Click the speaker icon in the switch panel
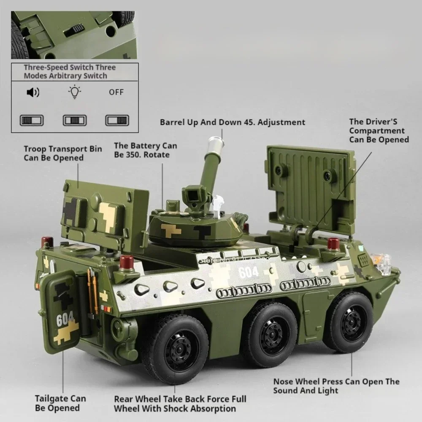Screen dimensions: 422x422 (x=33, y=92)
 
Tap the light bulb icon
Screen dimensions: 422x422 (x=75, y=92)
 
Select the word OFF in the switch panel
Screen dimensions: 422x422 (x=116, y=92)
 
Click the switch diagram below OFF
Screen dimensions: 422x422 (x=116, y=120)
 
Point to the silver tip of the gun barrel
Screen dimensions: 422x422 (x=216, y=143)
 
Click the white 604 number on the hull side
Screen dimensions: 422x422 (x=248, y=272)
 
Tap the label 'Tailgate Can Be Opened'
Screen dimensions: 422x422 (x=60, y=403)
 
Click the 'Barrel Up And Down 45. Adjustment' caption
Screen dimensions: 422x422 (x=232, y=122)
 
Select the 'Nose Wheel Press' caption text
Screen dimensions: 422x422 (x=336, y=386)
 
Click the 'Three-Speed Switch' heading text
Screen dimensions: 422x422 (x=70, y=71)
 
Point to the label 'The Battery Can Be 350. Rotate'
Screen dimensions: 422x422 (x=145, y=150)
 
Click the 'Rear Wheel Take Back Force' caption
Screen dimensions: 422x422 (x=180, y=403)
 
